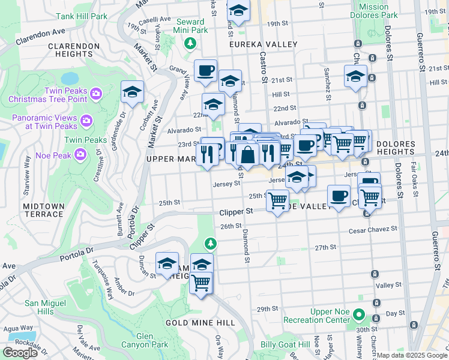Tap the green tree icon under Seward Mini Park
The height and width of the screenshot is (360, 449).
tap(190, 43)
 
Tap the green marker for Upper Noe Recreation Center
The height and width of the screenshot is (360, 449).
tap(358, 314)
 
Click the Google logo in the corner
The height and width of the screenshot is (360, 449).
tap(20, 352)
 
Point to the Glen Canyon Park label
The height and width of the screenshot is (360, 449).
tap(145, 340)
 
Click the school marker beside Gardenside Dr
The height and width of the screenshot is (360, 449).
tap(132, 92)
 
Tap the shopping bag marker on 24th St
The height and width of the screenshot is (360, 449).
tap(247, 155)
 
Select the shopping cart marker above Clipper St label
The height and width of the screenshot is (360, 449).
tap(277, 200)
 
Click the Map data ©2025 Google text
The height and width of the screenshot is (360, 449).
tap(412, 355)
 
